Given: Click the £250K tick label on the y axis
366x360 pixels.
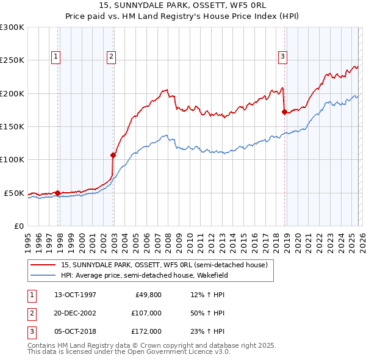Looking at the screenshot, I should coord(12,60).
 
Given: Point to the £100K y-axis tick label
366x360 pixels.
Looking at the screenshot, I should coord(12,160).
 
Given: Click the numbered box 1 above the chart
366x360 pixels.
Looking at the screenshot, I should coord(56,57).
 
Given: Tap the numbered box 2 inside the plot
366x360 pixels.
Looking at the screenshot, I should coord(112,57).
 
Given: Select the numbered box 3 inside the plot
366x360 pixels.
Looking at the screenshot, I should coord(282,57).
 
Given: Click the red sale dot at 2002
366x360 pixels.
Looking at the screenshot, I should coord(113,155).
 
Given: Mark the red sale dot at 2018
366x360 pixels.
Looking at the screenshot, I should coord(284,112).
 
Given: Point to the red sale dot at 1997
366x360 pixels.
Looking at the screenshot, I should coord(58,193).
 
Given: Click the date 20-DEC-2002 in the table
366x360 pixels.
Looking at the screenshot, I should coord(75,313).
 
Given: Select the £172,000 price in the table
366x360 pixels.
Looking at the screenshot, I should coord(147,331).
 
